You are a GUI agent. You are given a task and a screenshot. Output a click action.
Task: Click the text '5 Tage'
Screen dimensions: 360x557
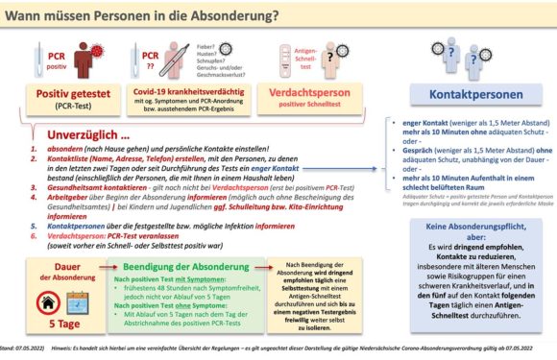[x=61, y=329]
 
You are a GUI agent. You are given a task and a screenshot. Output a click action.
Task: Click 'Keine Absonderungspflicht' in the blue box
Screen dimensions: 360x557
[x=466, y=229]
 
